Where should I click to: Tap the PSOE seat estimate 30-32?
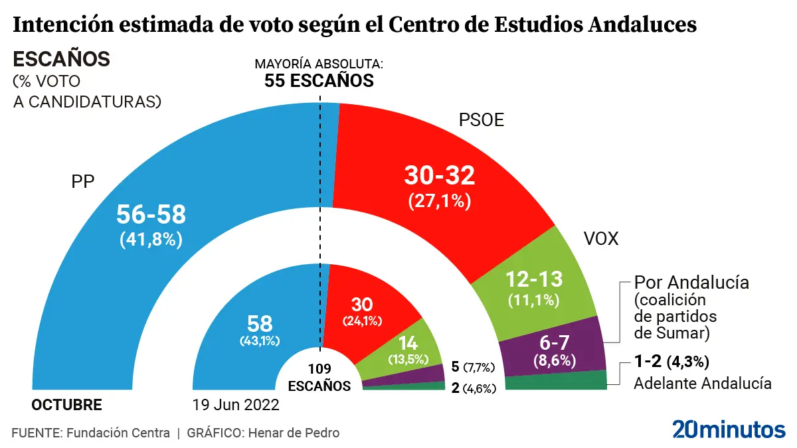click(x=440, y=175)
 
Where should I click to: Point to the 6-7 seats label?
click(x=555, y=344)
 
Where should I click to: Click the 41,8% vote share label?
click(x=151, y=240)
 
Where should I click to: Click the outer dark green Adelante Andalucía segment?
click(x=557, y=382)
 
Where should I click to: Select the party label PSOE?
click(x=482, y=121)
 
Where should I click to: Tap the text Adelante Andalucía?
click(x=703, y=383)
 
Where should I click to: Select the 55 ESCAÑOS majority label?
click(x=319, y=81)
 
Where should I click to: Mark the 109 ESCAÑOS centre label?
click(x=319, y=378)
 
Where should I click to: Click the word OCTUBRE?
click(x=67, y=405)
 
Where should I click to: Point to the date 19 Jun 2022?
click(x=236, y=405)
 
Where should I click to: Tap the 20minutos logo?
click(x=729, y=429)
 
